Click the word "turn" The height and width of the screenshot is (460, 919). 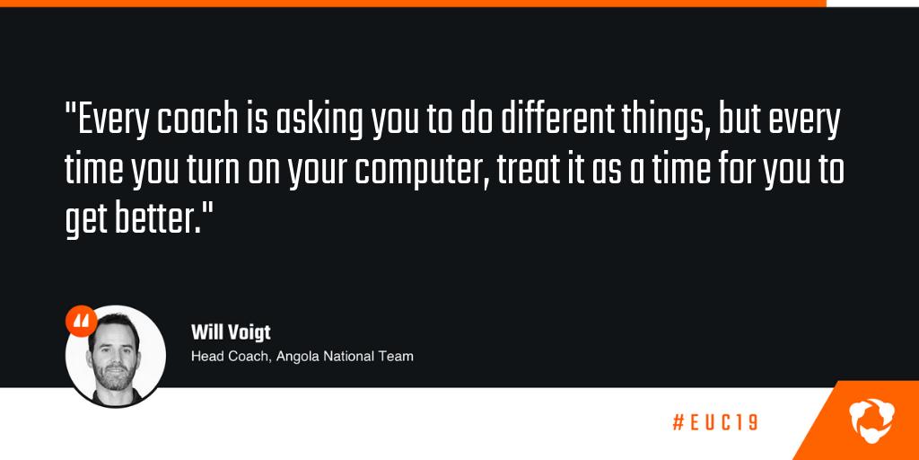point(208,171)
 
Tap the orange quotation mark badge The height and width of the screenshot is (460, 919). point(82,321)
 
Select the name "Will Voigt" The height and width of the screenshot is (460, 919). point(231,332)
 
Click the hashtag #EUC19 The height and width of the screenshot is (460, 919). point(714,422)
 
